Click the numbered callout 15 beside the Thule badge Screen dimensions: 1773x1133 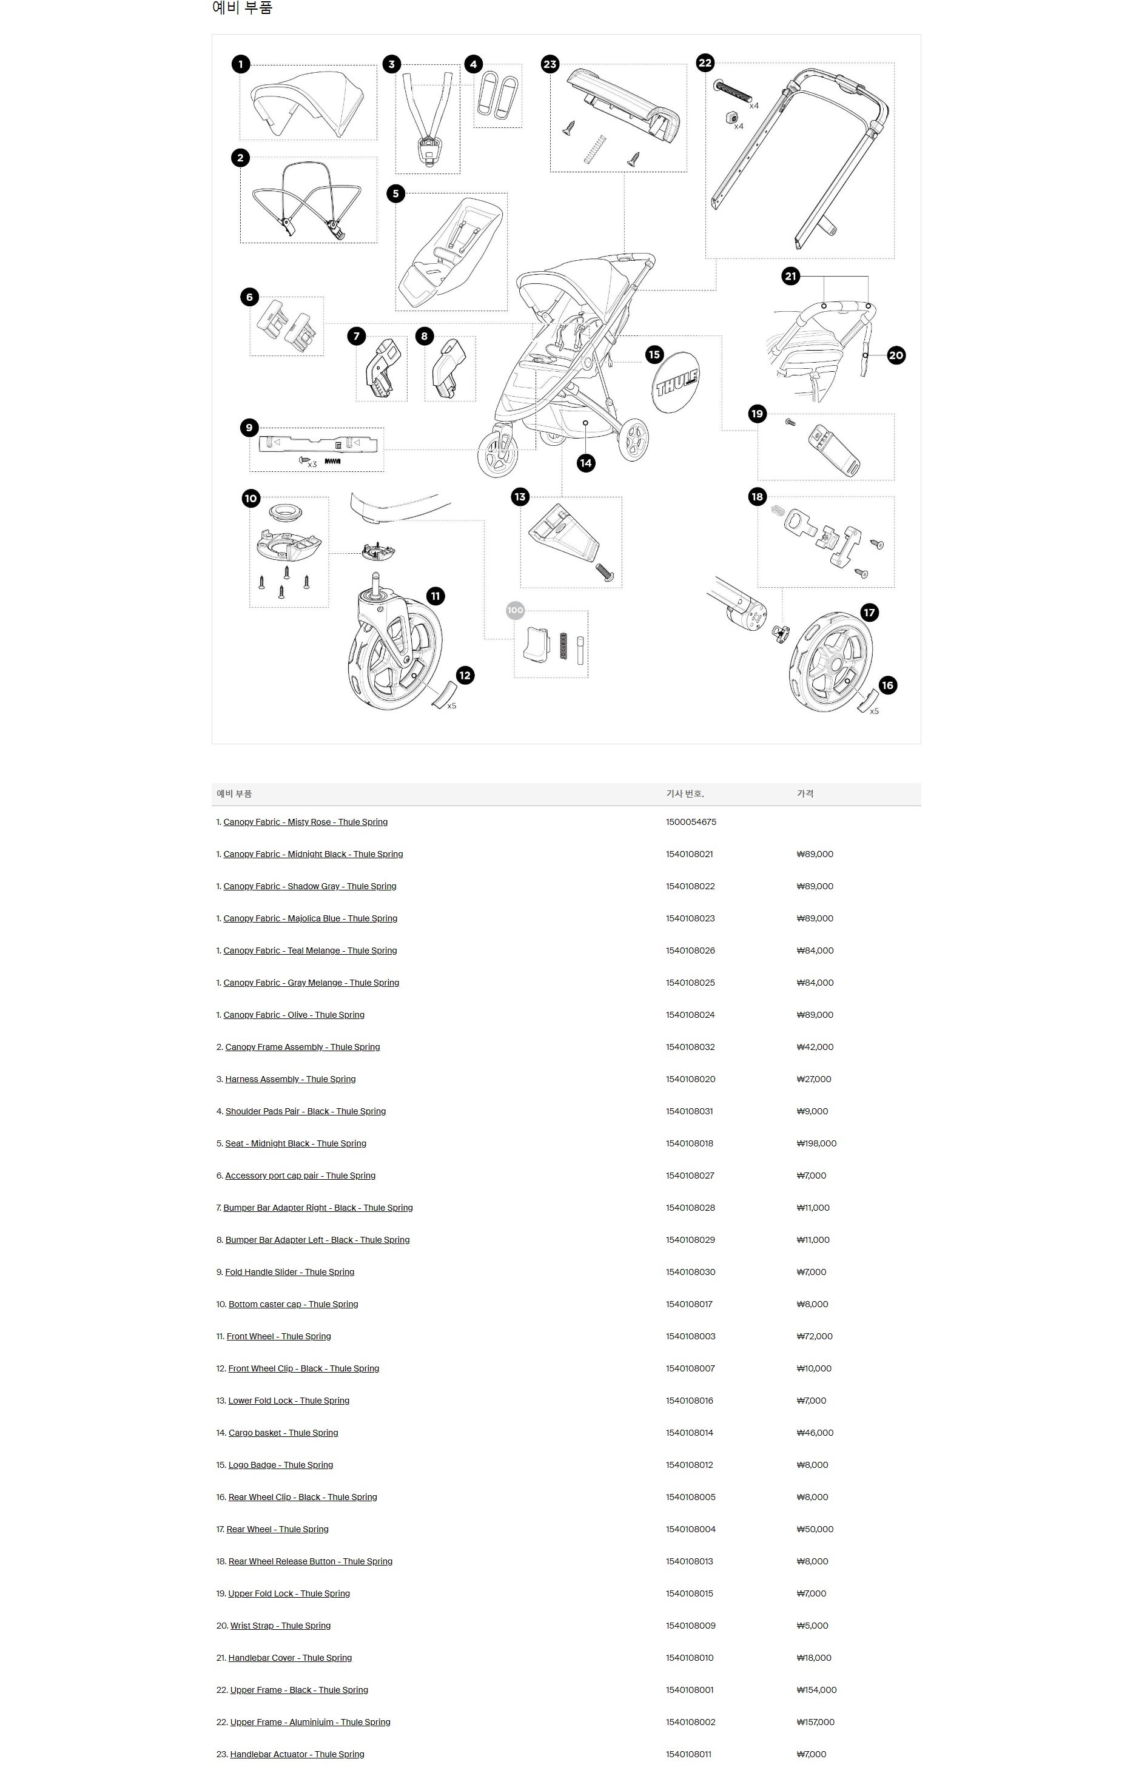pos(654,355)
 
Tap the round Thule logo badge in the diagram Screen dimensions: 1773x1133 pos(676,382)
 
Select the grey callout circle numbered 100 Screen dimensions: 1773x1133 pos(516,610)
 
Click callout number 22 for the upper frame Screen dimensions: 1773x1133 pos(705,62)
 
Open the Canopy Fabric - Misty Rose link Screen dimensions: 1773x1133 pos(305,822)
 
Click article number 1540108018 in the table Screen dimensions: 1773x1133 pos(689,1143)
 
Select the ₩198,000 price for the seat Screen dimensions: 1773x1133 pos(816,1143)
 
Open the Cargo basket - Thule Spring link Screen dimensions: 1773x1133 pos(283,1433)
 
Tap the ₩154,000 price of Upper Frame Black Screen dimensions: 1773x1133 pos(816,1690)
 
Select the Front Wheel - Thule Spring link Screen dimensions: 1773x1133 pos(278,1336)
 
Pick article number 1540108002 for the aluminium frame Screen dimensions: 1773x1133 pos(690,1722)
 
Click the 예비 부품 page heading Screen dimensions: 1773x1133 pos(242,8)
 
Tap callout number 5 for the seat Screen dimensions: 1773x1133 pos(395,193)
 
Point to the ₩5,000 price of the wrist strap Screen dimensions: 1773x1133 pos(812,1626)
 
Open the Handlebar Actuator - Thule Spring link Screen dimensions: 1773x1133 pos(297,1755)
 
